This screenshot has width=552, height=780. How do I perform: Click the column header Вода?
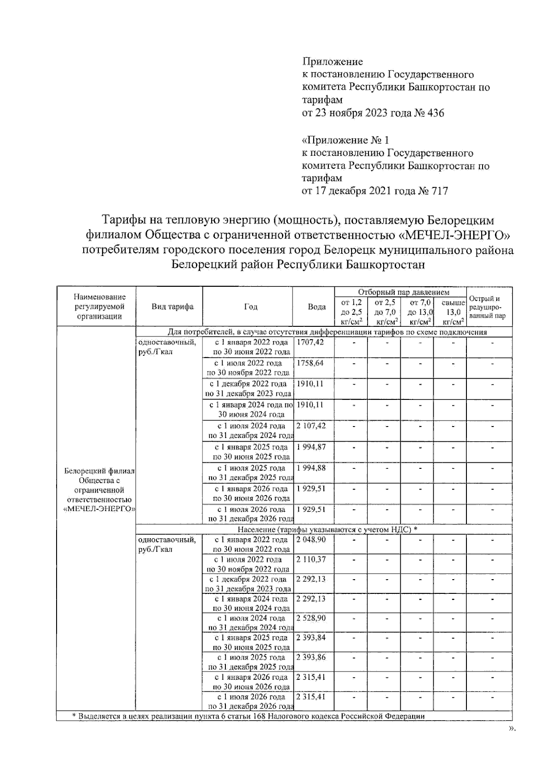click(316, 307)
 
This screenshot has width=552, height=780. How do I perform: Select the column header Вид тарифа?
click(172, 307)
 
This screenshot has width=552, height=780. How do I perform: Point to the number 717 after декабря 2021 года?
click(439, 191)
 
